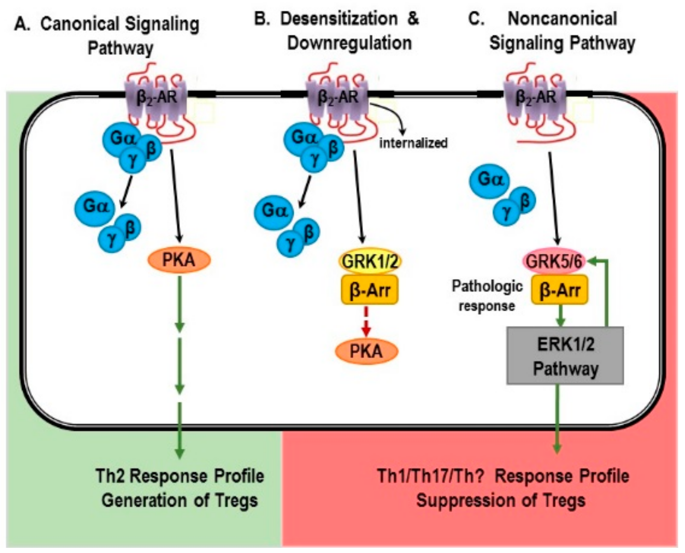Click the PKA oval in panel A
pyautogui.click(x=179, y=260)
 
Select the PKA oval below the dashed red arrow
pyautogui.click(x=366, y=351)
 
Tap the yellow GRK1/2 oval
pyautogui.click(x=370, y=261)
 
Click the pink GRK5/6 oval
pyautogui.click(x=554, y=261)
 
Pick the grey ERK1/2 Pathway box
pyautogui.click(x=565, y=356)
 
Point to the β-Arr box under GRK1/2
pyautogui.click(x=370, y=290)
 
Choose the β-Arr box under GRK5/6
pyautogui.click(x=559, y=290)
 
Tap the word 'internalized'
pyautogui.click(x=413, y=143)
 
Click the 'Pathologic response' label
pyautogui.click(x=487, y=295)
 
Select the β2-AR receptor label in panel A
pyautogui.click(x=157, y=97)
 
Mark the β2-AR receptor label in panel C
pyautogui.click(x=536, y=97)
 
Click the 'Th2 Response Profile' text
pyautogui.click(x=180, y=476)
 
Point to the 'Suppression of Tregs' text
pyautogui.click(x=501, y=500)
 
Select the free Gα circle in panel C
pyautogui.click(x=489, y=180)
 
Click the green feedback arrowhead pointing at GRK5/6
pyautogui.click(x=593, y=261)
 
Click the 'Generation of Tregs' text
pyautogui.click(x=180, y=500)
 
